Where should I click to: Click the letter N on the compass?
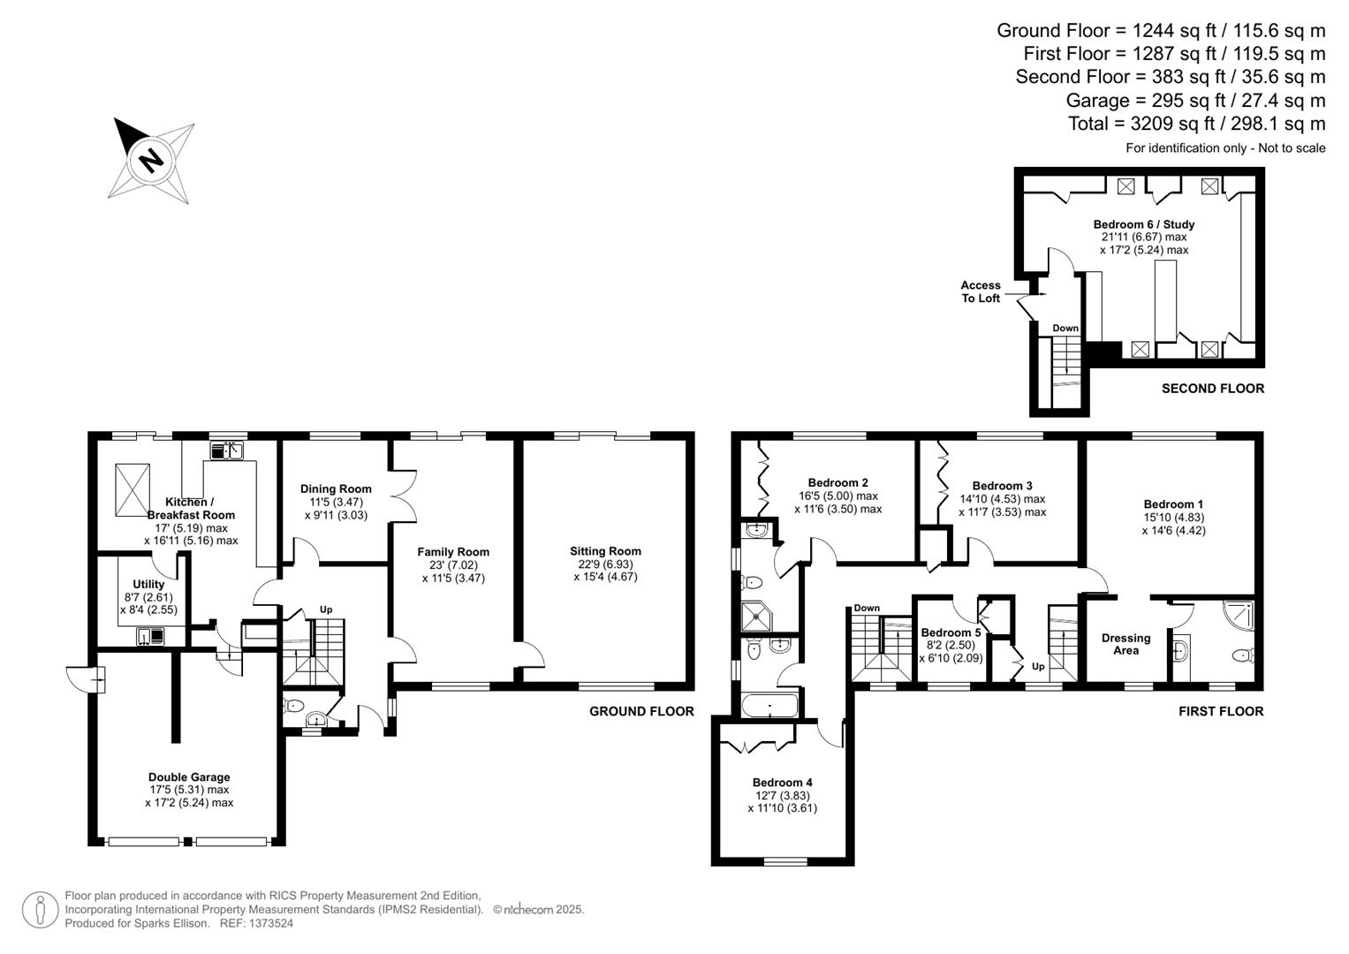point(152,161)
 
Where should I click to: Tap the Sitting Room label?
point(605,551)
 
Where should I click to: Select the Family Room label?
point(453,552)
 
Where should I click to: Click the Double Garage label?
point(189,777)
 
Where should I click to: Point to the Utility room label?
point(148,584)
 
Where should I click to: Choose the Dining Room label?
point(336,488)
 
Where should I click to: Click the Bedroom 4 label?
point(782,782)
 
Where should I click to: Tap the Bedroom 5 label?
point(951,632)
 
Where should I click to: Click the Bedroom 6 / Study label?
point(1144,223)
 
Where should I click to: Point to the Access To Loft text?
point(981,291)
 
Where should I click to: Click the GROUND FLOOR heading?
point(641,711)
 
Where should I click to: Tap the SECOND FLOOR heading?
point(1212,388)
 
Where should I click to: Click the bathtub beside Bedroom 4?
point(770,706)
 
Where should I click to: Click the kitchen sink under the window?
point(228,450)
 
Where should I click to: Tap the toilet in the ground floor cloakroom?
point(294,705)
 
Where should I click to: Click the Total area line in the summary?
point(1196,123)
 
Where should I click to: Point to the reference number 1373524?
point(270,923)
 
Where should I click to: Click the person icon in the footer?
point(40,909)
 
